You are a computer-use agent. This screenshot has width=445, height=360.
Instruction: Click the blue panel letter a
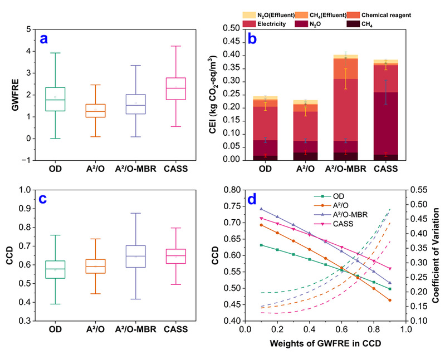coord(45,38)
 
